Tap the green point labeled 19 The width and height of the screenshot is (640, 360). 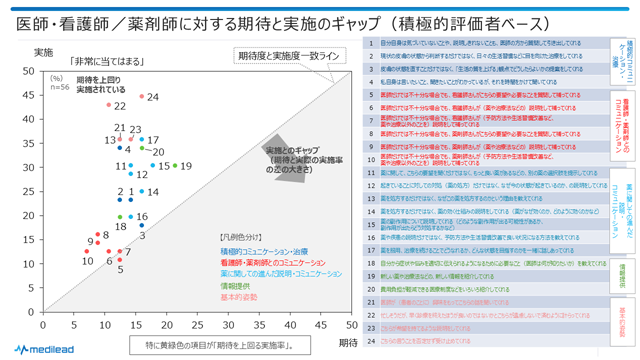click(175, 166)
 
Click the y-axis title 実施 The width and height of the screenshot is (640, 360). click(44, 52)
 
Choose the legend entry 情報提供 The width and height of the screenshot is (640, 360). click(241, 285)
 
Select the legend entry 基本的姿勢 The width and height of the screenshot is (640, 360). click(241, 297)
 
